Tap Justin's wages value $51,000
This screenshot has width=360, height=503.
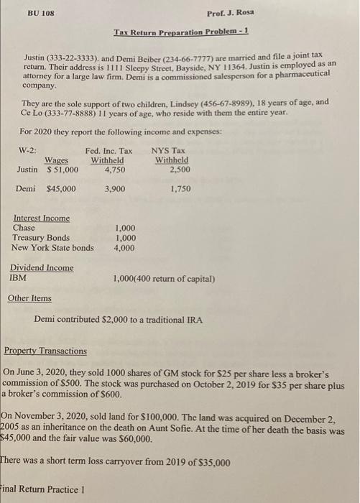pos(63,170)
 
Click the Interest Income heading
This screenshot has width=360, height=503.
pos(42,218)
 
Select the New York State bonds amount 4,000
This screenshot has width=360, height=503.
pos(126,248)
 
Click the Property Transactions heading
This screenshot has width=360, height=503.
pos(45,351)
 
